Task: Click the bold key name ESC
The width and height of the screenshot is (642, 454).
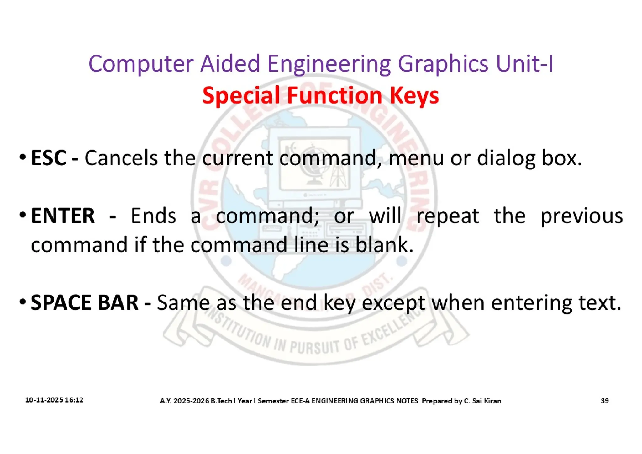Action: click(x=48, y=158)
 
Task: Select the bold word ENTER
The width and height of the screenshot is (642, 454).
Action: click(x=63, y=216)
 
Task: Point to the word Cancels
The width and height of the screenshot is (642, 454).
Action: click(x=121, y=158)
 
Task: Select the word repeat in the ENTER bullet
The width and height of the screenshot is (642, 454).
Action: click(x=448, y=216)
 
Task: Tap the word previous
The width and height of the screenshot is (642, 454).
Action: click(x=581, y=216)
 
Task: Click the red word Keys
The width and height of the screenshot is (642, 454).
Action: click(x=414, y=96)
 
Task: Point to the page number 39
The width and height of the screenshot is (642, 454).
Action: click(x=605, y=401)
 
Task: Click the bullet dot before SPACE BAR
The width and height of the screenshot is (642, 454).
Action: click(x=23, y=302)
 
